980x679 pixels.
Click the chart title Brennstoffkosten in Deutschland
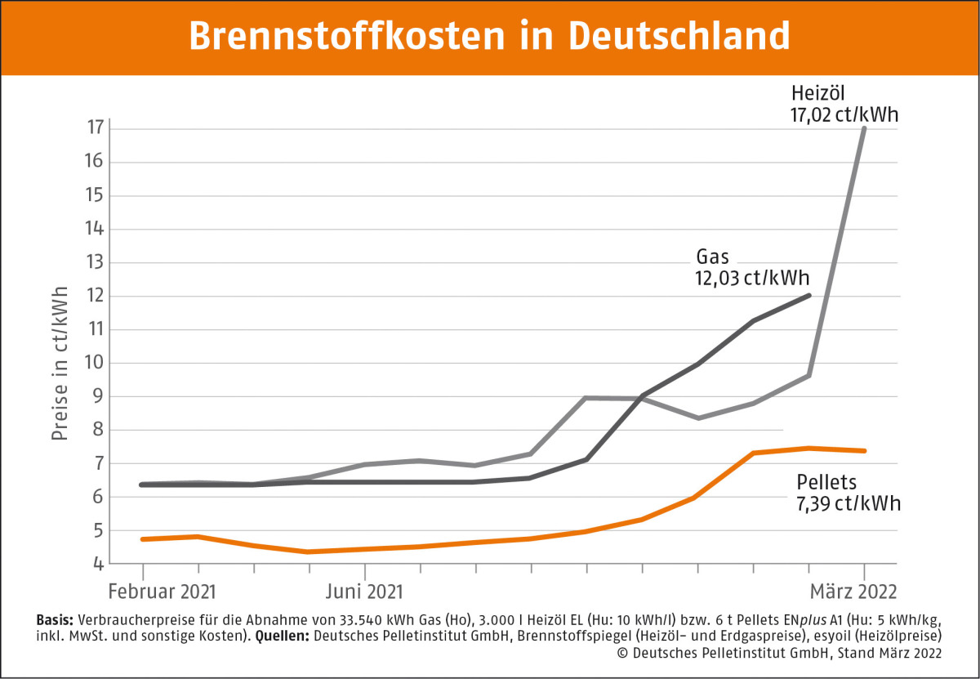(x=489, y=36)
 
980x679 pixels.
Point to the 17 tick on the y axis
(x=96, y=128)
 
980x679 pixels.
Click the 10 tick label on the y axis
(x=96, y=363)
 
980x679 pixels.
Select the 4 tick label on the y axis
(x=99, y=564)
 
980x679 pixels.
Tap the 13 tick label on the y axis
(x=96, y=262)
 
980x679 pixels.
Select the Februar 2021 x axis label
(x=163, y=591)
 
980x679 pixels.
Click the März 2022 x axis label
(x=853, y=591)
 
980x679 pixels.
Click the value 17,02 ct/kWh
(x=844, y=115)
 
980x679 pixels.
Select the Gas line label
(x=712, y=257)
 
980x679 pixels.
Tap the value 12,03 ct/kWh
(x=748, y=279)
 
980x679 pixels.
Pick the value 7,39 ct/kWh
(x=849, y=503)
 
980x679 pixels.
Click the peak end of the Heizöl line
(x=864, y=128)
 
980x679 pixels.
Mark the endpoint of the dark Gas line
(x=808, y=295)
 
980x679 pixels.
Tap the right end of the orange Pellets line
(x=862, y=450)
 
